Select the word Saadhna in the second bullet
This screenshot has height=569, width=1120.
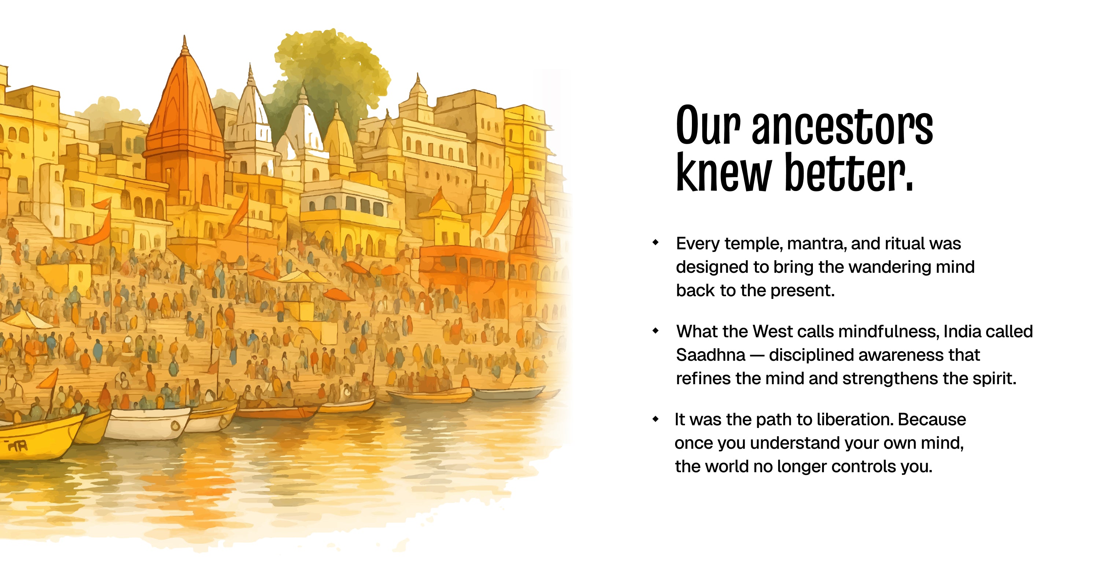(710, 355)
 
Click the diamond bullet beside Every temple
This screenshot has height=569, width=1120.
(656, 242)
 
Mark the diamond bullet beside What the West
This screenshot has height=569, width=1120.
(656, 331)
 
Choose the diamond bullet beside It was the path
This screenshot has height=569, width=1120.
(656, 419)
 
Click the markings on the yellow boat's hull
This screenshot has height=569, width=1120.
(16, 445)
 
